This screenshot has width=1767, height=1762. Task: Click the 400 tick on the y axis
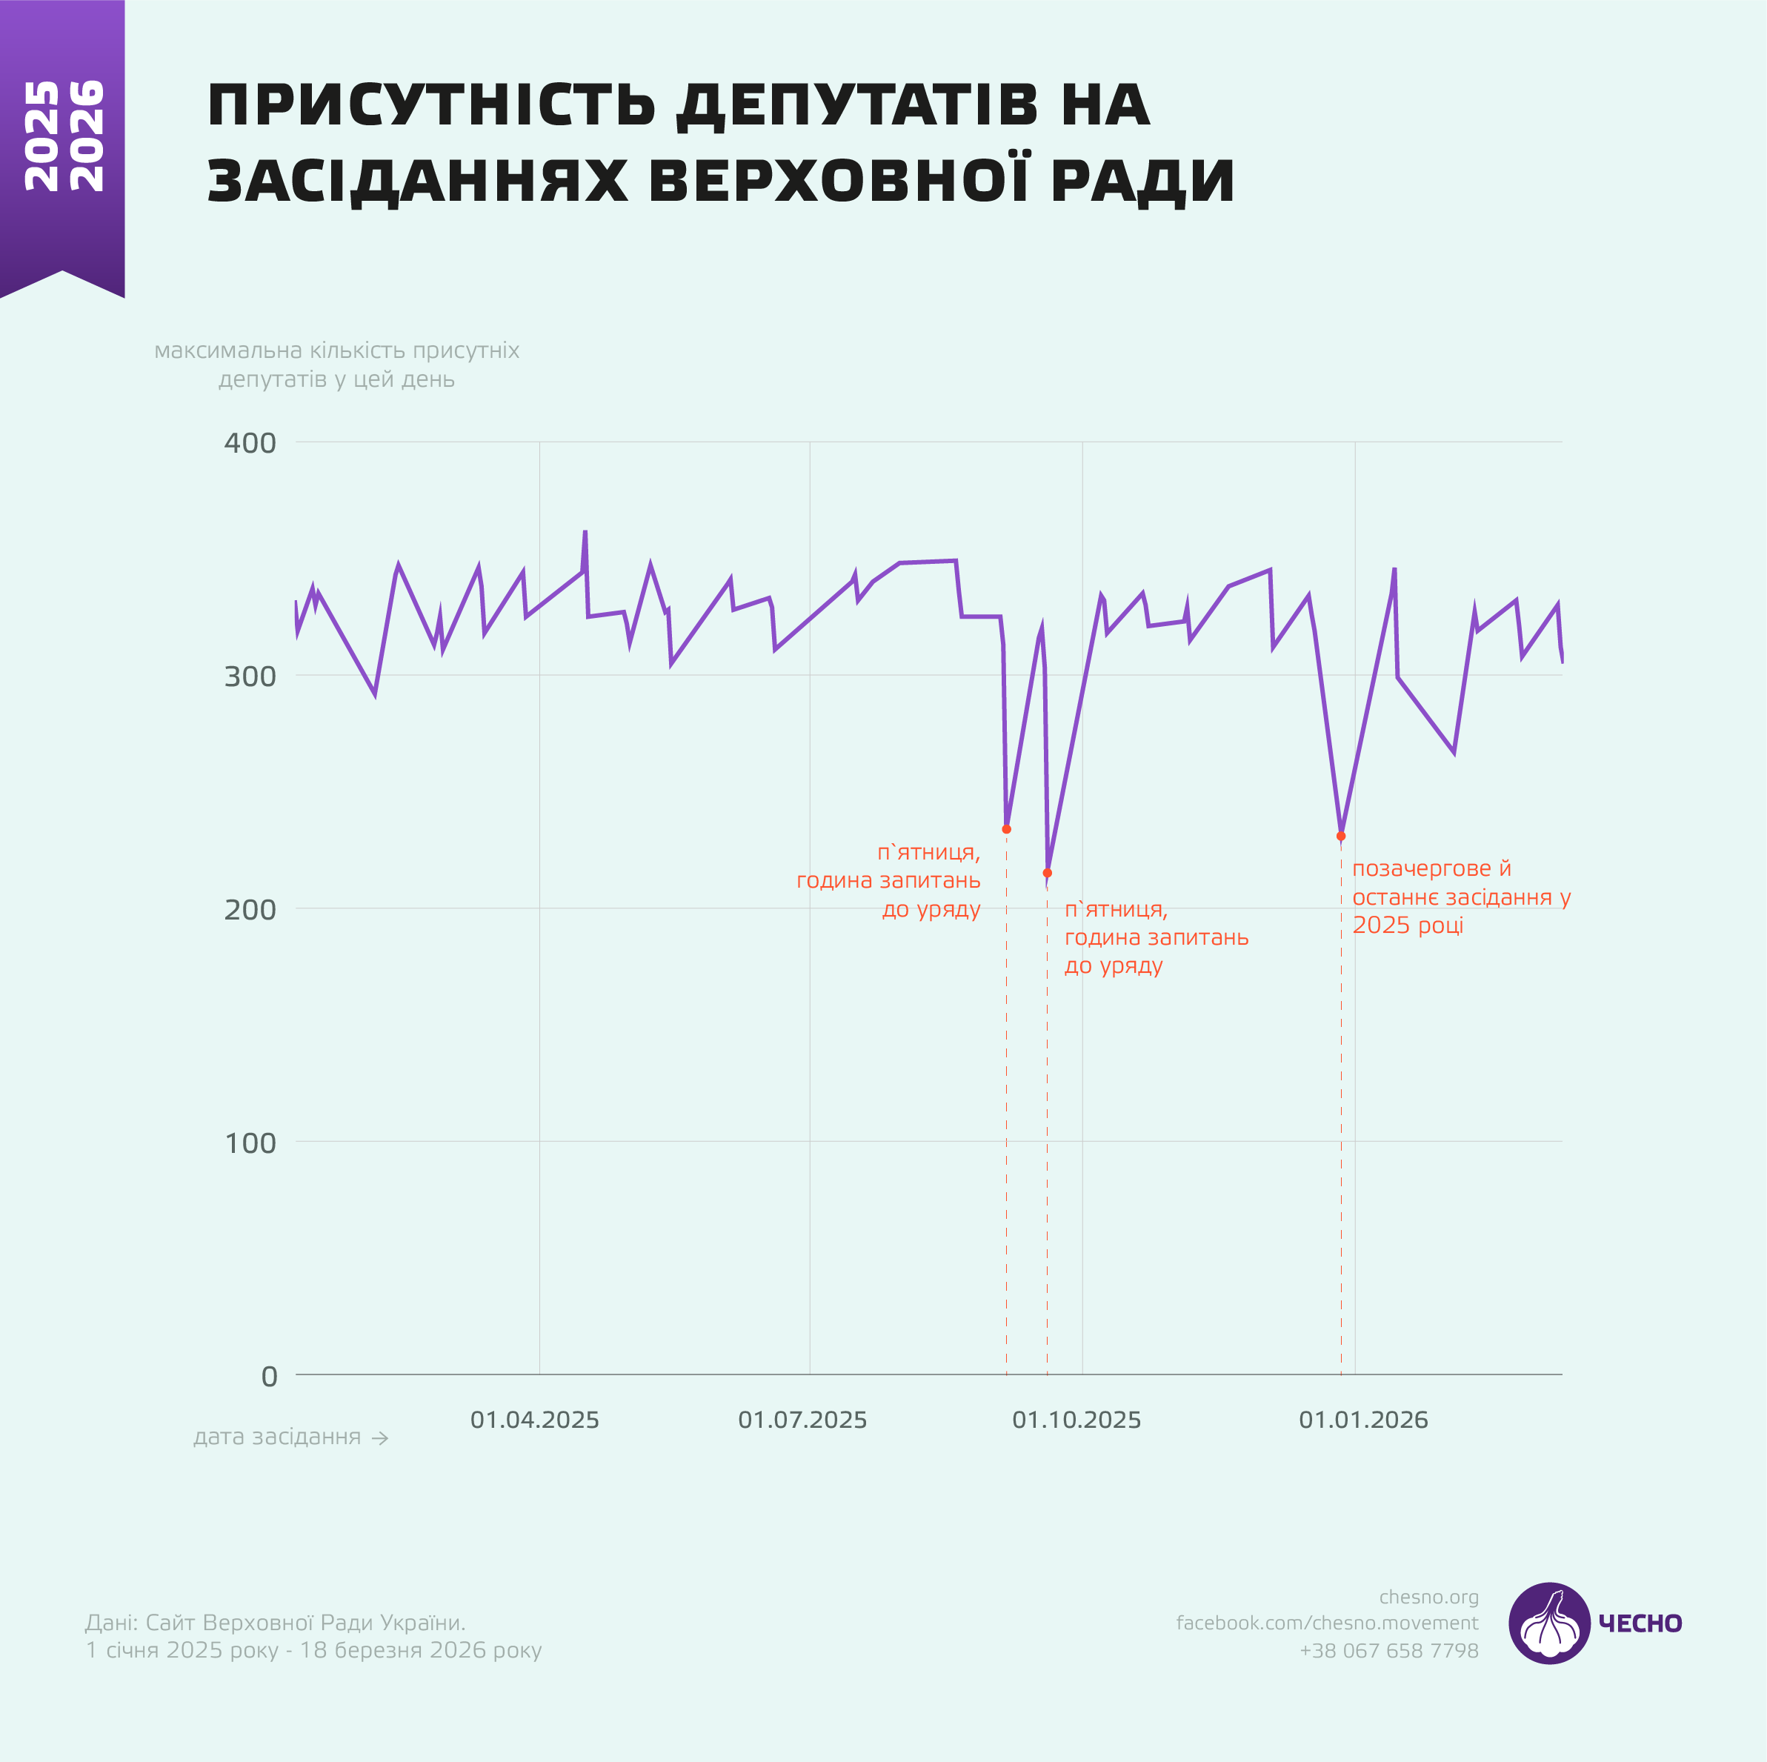pyautogui.click(x=250, y=443)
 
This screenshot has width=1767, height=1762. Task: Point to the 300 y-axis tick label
pyautogui.click(x=250, y=676)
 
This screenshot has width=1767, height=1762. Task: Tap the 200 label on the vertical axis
pyautogui.click(x=250, y=909)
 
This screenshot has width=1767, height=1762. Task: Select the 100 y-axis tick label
pyautogui.click(x=250, y=1143)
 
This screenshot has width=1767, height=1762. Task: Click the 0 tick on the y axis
pyautogui.click(x=268, y=1376)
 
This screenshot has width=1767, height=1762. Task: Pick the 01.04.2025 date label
pyautogui.click(x=534, y=1420)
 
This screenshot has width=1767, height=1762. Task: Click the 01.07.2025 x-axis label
pyautogui.click(x=802, y=1420)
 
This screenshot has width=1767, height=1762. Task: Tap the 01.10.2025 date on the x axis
pyautogui.click(x=1076, y=1420)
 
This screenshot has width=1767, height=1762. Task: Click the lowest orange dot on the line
pyautogui.click(x=1047, y=873)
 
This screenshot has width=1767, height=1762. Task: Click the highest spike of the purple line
pyautogui.click(x=585, y=531)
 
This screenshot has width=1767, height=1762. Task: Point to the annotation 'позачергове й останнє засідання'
pyautogui.click(x=1460, y=897)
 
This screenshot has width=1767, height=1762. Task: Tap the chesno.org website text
pyautogui.click(x=1428, y=1597)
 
